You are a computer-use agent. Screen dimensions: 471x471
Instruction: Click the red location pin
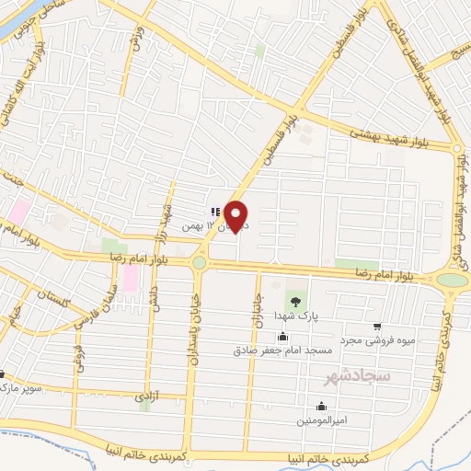tap(236, 215)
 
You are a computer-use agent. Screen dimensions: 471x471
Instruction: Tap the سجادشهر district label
tap(358, 377)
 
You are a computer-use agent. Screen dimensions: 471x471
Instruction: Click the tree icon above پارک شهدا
tap(295, 300)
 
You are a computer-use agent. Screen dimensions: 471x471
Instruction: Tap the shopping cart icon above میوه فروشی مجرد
tap(377, 326)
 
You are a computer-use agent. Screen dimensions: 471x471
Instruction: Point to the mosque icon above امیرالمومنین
tap(320, 406)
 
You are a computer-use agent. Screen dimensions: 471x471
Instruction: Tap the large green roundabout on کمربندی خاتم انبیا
tap(452, 280)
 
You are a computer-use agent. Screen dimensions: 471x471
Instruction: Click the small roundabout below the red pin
tap(199, 264)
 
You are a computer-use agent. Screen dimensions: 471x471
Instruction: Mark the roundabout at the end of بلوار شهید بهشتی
tap(458, 147)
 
